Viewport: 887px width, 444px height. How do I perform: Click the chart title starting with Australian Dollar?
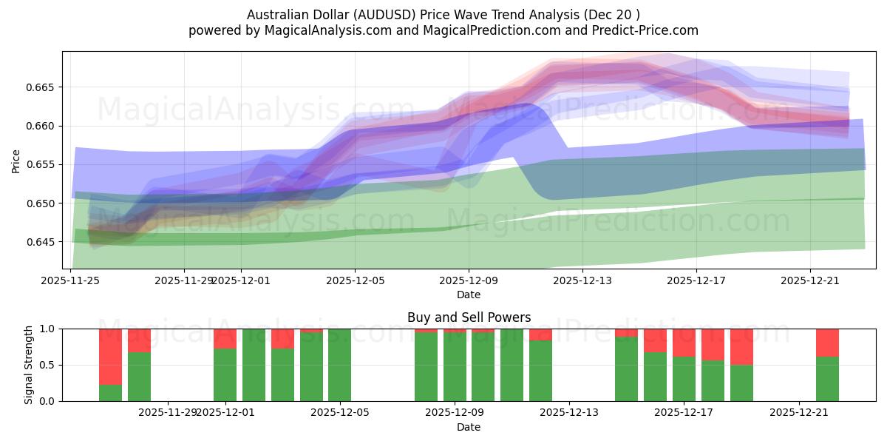point(443,15)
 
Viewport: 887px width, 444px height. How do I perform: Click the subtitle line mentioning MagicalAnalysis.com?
point(443,30)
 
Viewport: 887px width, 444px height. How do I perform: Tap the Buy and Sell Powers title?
point(469,317)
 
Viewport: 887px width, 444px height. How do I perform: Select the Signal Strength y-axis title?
point(29,365)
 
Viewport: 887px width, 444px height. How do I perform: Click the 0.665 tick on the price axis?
point(42,87)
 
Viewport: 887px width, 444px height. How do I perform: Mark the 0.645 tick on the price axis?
point(42,242)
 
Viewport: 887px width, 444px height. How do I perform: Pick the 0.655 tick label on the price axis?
point(42,164)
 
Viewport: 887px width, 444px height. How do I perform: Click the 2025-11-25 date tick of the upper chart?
point(70,280)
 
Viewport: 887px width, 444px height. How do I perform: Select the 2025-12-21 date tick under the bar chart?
point(799,413)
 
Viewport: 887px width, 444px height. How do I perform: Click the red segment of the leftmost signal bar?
point(110,356)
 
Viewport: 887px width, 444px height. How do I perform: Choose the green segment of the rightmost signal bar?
point(827,379)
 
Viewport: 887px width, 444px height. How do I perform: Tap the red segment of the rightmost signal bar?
point(827,343)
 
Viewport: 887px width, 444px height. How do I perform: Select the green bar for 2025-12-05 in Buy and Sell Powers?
point(339,365)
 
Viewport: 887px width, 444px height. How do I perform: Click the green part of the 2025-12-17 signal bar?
point(684,379)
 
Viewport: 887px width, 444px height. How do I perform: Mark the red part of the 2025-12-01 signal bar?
point(225,338)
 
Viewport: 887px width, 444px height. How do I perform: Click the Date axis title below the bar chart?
point(469,427)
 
